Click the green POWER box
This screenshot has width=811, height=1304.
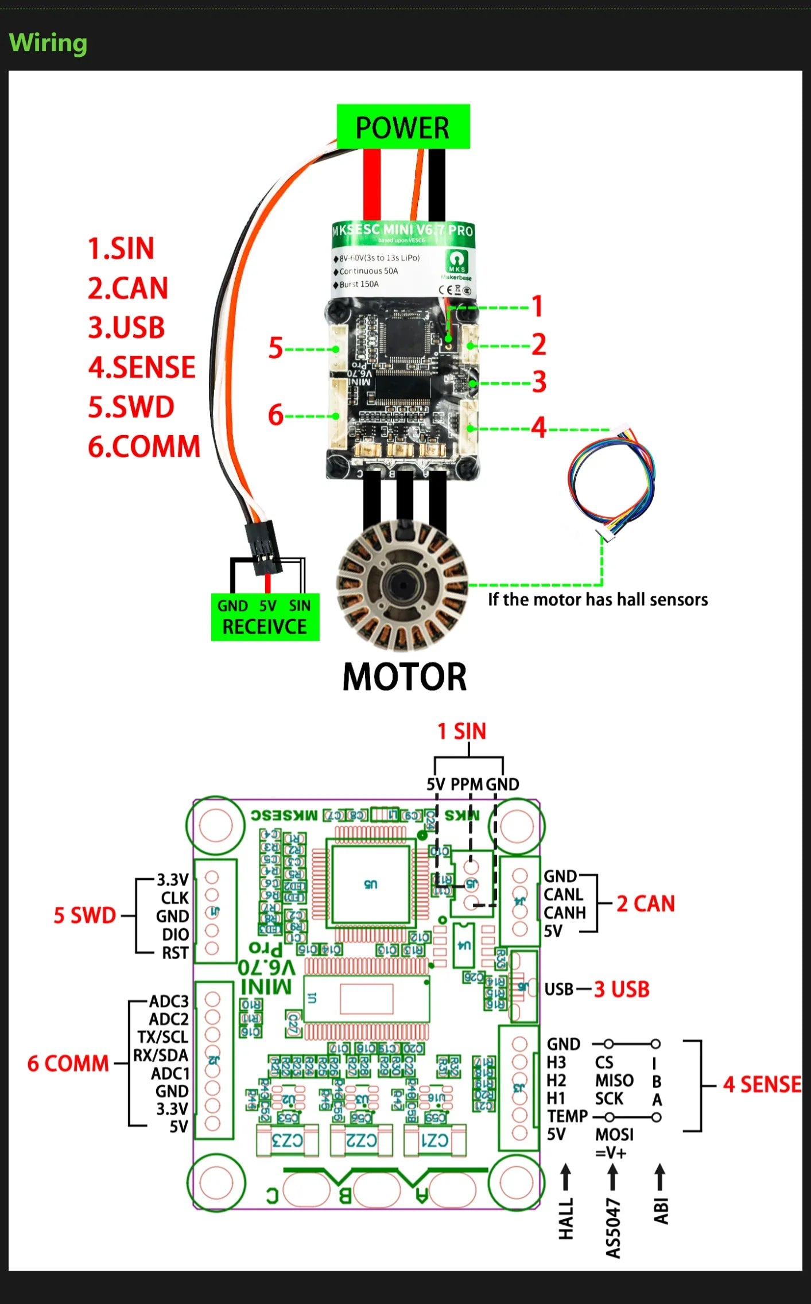(x=403, y=127)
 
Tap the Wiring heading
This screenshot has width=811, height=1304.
(x=48, y=43)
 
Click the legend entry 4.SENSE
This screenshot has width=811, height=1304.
(x=142, y=367)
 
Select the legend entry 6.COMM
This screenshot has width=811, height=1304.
(x=144, y=447)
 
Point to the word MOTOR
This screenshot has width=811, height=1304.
(x=405, y=677)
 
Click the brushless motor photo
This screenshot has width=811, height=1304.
(x=402, y=585)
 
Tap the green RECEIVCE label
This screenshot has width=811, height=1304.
(x=265, y=627)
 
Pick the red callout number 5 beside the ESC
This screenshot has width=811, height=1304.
(x=276, y=348)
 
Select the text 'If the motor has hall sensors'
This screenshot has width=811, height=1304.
(x=597, y=600)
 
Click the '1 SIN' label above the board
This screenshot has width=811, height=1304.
(x=461, y=731)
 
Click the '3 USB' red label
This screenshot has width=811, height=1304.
(x=622, y=989)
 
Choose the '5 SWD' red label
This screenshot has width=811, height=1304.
(x=85, y=915)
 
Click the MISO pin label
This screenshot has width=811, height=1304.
(x=614, y=1081)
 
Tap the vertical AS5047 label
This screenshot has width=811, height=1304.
(x=613, y=1228)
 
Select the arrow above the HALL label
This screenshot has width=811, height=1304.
(x=565, y=1176)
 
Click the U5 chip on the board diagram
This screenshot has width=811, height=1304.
(x=370, y=884)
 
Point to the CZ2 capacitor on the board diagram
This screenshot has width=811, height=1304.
(x=362, y=1140)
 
